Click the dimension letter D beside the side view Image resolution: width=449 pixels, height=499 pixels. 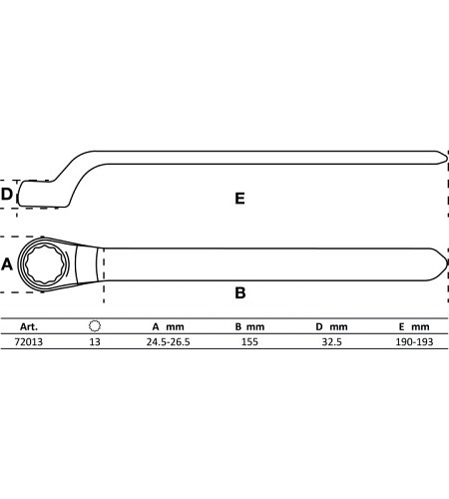pyautogui.click(x=7, y=195)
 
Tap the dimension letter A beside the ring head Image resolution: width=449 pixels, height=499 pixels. pyautogui.click(x=7, y=264)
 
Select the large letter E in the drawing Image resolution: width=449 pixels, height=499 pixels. pyautogui.click(x=239, y=199)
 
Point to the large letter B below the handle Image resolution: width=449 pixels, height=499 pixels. pyautogui.click(x=240, y=293)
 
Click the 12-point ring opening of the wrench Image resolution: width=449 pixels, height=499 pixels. pyautogui.click(x=45, y=263)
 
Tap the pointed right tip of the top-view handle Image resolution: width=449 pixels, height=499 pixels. pyautogui.click(x=447, y=264)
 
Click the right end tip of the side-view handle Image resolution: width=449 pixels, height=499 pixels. pyautogui.click(x=447, y=158)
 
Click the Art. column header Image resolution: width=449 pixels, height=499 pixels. pyautogui.click(x=29, y=326)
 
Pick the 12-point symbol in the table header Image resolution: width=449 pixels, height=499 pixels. pyautogui.click(x=95, y=326)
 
